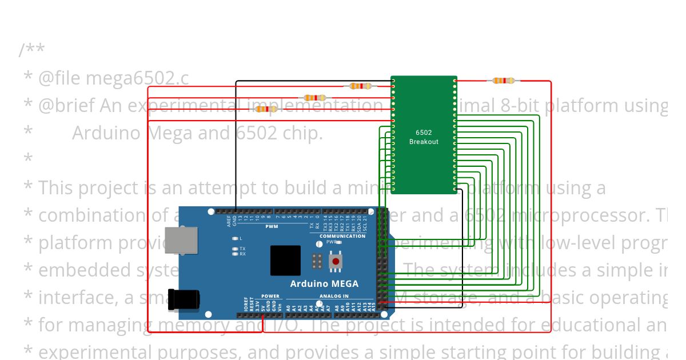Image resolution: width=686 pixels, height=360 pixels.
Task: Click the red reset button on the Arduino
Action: (x=336, y=261)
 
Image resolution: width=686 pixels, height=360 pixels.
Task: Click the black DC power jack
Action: (x=184, y=299)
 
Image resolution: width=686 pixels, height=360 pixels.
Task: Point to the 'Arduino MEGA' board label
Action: (x=324, y=283)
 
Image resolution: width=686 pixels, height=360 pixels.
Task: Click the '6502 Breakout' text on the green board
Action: (x=424, y=137)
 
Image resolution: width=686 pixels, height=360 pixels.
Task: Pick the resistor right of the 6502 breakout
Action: (x=504, y=81)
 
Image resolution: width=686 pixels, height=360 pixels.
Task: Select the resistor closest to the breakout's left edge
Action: (x=361, y=86)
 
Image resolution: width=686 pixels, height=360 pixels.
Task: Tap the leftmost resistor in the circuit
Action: (x=266, y=109)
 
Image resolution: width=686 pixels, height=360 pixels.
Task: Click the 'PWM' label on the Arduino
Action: (x=271, y=226)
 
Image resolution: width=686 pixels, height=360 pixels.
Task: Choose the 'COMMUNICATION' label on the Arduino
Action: (x=342, y=236)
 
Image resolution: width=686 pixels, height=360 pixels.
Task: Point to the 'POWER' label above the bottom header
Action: (x=270, y=297)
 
